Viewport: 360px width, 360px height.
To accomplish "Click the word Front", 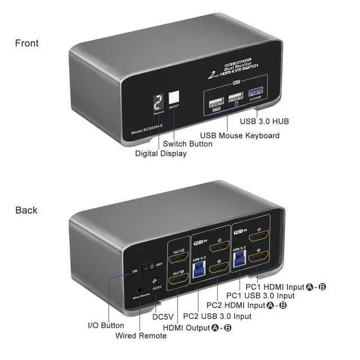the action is [27, 43].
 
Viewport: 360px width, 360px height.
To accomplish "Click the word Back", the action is [26, 210].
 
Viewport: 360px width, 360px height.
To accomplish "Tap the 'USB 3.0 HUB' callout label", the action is [264, 121].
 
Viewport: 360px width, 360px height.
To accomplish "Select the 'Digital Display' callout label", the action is [161, 153].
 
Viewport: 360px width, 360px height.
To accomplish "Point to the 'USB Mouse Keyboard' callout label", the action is [240, 135].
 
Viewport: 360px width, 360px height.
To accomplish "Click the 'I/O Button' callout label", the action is [106, 325].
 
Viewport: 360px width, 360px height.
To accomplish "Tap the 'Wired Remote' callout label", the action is [141, 335].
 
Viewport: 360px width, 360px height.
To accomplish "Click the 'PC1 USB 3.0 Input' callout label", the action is [260, 295].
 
